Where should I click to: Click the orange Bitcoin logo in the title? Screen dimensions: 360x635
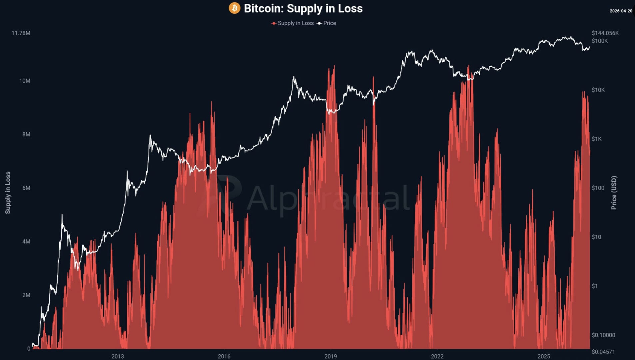(x=234, y=8)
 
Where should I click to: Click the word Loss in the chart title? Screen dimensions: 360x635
(x=350, y=8)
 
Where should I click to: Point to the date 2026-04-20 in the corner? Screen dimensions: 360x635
(x=621, y=11)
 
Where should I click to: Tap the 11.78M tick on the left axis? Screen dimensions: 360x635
(x=21, y=33)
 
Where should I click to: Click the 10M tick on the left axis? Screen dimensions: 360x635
(x=25, y=81)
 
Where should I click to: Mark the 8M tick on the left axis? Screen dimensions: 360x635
(x=26, y=134)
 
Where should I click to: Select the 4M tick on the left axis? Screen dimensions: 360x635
(x=26, y=241)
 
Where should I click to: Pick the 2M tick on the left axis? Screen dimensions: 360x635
(x=26, y=295)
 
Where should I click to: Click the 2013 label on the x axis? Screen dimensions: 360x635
(x=117, y=356)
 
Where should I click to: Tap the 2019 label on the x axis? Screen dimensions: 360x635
(x=330, y=356)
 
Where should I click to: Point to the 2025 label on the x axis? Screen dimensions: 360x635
(x=544, y=356)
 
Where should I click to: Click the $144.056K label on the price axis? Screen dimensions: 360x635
(x=605, y=33)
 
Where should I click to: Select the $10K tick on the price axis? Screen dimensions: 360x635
(x=598, y=90)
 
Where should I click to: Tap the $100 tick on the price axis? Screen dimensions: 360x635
(x=598, y=188)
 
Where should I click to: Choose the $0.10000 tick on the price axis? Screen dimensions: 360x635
(x=603, y=335)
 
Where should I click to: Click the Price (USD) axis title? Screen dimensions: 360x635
(x=614, y=193)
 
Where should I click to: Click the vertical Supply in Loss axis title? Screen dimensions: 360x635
(x=8, y=193)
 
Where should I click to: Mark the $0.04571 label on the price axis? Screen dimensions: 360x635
(x=603, y=352)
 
